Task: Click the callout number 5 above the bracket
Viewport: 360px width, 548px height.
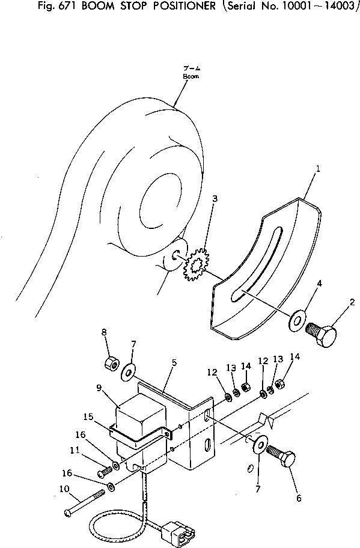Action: coord(174,363)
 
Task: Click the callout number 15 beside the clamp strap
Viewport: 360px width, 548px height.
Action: coord(89,416)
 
